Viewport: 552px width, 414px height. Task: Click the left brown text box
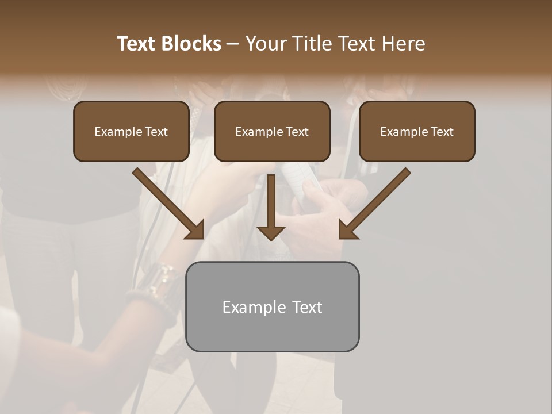pyautogui.click(x=131, y=131)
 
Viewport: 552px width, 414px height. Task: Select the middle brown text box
pyautogui.click(x=272, y=131)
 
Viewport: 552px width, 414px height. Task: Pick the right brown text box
pyautogui.click(x=417, y=131)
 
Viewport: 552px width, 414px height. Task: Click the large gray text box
pyautogui.click(x=273, y=306)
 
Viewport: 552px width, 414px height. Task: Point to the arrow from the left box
pyautogui.click(x=167, y=202)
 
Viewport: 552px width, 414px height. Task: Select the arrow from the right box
pyautogui.click(x=376, y=202)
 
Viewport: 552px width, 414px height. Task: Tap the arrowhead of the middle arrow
pyautogui.click(x=271, y=232)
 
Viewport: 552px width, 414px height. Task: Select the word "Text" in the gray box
pyautogui.click(x=306, y=307)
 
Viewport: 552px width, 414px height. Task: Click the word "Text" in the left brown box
pyautogui.click(x=156, y=132)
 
